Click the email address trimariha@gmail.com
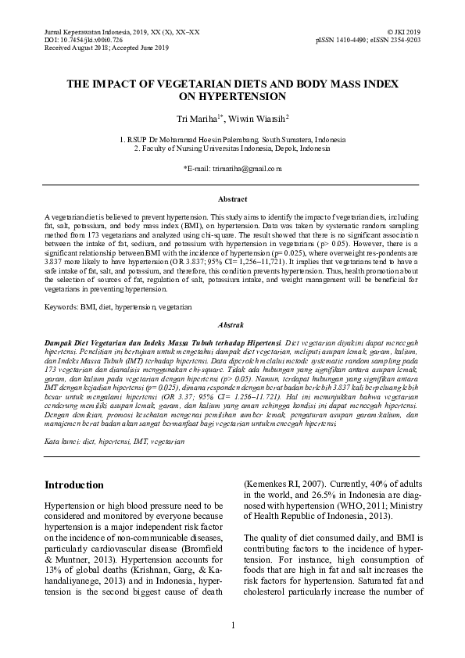point(233,168)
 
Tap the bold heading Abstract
point(232,199)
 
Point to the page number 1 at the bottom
point(232,625)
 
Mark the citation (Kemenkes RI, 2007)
point(284,485)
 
